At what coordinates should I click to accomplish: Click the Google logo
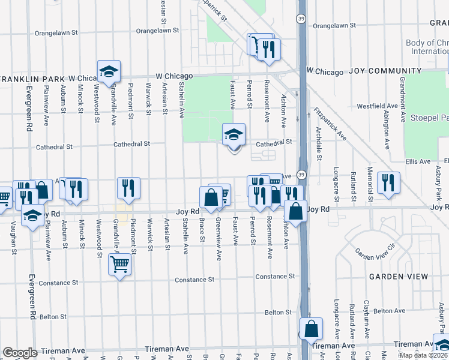pyautogui.click(x=20, y=353)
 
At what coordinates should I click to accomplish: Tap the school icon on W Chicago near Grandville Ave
pyautogui.click(x=109, y=71)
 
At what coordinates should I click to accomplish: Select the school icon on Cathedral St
pyautogui.click(x=234, y=135)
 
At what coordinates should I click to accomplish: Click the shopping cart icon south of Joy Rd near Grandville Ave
pyautogui.click(x=119, y=263)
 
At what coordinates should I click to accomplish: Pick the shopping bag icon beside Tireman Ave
pyautogui.click(x=311, y=329)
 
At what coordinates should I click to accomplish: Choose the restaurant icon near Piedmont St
pyautogui.click(x=128, y=188)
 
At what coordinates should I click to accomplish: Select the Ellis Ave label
pyautogui.click(x=418, y=161)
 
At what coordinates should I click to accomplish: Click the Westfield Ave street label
pyautogui.click(x=377, y=106)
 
